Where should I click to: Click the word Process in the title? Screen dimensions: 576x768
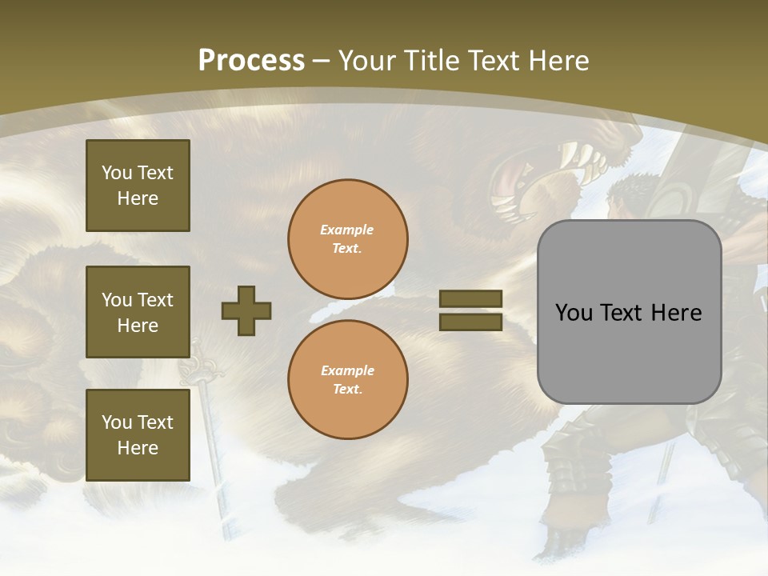point(251,61)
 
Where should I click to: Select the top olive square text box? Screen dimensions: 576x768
point(138,186)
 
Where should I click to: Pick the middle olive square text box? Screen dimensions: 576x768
point(138,312)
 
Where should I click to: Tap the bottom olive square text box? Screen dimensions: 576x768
point(138,434)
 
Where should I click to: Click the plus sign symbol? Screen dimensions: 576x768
point(246,310)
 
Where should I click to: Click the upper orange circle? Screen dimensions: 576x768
point(347,238)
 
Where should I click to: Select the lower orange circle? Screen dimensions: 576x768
point(347,379)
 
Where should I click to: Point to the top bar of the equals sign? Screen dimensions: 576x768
point(470,298)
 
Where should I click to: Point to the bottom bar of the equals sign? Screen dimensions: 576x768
point(470,322)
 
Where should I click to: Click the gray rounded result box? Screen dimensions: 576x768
point(629,312)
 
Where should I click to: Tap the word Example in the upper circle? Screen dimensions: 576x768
point(346,230)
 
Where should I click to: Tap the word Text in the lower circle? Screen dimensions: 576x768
point(346,389)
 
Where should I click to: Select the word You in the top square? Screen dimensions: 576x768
point(116,173)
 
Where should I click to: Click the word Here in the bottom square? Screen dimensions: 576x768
point(138,448)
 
